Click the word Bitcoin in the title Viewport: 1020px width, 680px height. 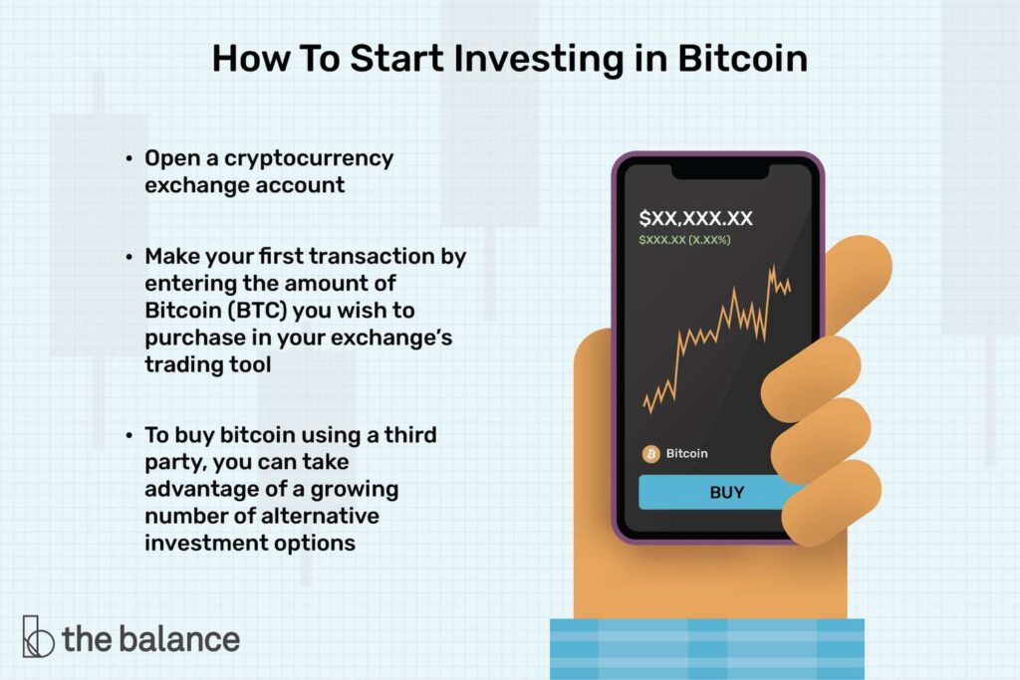[x=742, y=59]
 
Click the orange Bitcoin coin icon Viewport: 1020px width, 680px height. [x=650, y=454]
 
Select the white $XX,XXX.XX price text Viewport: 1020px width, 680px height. [x=695, y=218]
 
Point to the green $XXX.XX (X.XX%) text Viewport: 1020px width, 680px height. [x=684, y=240]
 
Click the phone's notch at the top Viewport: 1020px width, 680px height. [x=720, y=171]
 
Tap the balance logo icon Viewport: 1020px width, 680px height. [x=38, y=636]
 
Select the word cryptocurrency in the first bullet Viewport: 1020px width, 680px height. [x=309, y=158]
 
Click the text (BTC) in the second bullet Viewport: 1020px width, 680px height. [x=257, y=311]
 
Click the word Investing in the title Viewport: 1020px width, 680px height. [x=539, y=60]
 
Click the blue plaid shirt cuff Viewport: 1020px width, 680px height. [x=707, y=649]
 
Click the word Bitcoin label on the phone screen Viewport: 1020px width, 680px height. [x=686, y=453]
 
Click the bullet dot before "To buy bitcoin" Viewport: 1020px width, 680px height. [x=129, y=435]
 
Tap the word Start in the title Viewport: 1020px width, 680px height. [x=396, y=59]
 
